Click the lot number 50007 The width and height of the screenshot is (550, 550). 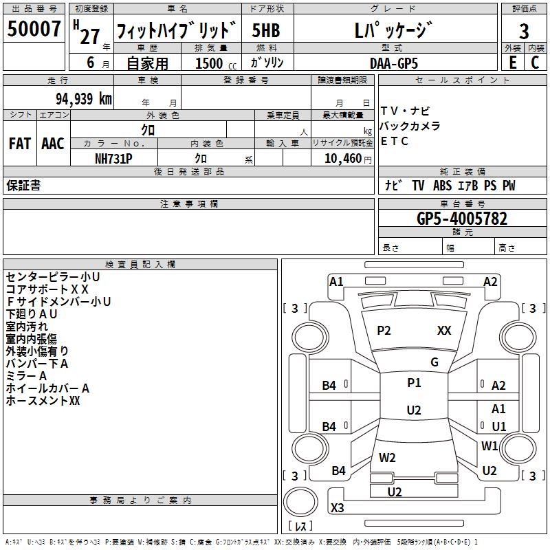(x=34, y=30)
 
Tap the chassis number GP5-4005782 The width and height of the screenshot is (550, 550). (x=462, y=219)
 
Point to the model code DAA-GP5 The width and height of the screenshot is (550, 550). (x=394, y=63)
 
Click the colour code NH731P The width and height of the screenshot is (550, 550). (x=113, y=158)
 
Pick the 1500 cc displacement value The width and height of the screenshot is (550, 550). (x=209, y=63)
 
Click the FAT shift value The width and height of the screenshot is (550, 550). (x=19, y=144)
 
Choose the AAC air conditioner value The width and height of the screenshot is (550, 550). (x=52, y=144)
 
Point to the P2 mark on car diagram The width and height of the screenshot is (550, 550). (x=384, y=331)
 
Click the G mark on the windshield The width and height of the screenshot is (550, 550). (x=434, y=362)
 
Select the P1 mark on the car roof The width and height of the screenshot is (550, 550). (x=414, y=383)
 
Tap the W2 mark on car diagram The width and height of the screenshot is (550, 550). (x=387, y=457)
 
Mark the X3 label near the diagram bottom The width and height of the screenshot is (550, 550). (x=337, y=508)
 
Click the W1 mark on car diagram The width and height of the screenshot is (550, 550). (x=489, y=445)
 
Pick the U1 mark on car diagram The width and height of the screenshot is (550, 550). (x=498, y=426)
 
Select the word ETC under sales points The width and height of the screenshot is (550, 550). (x=395, y=142)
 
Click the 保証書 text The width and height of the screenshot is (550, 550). (x=23, y=186)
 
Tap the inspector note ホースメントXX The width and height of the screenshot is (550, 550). (x=43, y=400)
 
